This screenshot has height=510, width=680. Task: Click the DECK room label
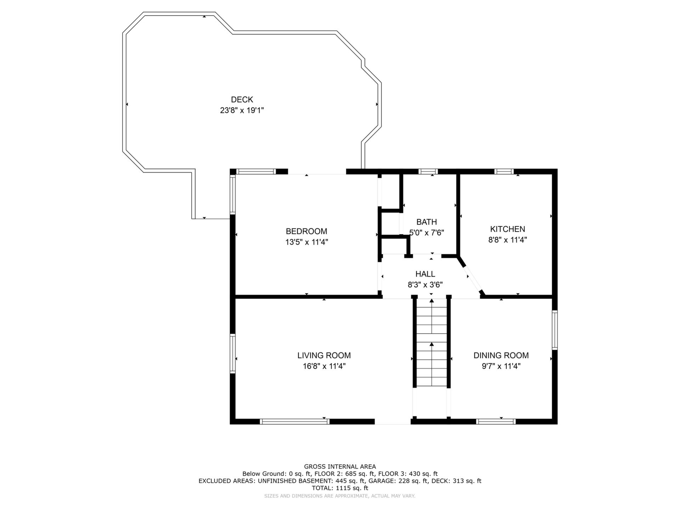(242, 100)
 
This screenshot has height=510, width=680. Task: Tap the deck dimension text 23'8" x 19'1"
(242, 110)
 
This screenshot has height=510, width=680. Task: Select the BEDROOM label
(306, 231)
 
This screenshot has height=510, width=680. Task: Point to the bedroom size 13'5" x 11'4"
(307, 242)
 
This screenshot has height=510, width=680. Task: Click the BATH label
(426, 222)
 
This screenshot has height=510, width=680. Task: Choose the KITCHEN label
(508, 229)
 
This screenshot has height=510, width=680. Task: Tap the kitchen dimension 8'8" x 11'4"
(508, 240)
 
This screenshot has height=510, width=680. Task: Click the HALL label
(425, 274)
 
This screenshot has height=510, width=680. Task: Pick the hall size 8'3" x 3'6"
(425, 285)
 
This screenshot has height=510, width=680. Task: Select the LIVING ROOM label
(324, 355)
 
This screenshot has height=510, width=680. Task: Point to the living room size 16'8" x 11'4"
(324, 366)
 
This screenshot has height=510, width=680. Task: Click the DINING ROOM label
(501, 355)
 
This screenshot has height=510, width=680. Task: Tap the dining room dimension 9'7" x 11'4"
(501, 366)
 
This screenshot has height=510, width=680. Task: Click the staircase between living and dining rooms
(432, 343)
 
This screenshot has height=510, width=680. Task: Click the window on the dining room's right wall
(555, 330)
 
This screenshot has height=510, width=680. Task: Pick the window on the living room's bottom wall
(295, 421)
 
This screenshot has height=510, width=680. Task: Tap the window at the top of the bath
(428, 171)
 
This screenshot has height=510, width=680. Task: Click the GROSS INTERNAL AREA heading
(340, 467)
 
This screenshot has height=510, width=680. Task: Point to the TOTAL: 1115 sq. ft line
(340, 488)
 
